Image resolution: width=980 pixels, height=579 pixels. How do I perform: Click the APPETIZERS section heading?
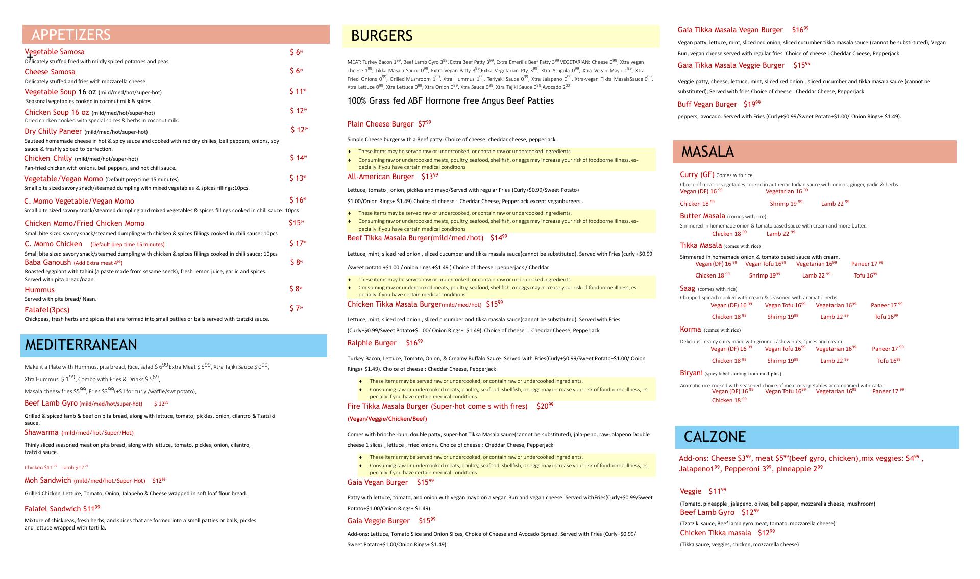coord(71,35)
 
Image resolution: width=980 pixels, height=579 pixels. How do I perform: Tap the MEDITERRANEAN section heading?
coord(81,345)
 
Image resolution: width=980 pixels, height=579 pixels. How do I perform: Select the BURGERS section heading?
coord(381,36)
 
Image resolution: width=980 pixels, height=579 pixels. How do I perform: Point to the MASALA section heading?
coord(707,152)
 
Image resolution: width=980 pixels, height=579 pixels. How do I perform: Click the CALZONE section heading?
coord(714,437)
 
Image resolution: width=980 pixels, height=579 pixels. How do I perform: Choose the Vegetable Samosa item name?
coord(55,52)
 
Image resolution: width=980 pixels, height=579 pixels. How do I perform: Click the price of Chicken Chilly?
coord(298,158)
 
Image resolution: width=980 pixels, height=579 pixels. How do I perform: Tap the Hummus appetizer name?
coord(39,290)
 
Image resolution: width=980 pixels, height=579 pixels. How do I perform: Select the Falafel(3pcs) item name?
coord(47,310)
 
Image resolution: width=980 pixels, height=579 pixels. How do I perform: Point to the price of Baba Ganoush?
coord(296,262)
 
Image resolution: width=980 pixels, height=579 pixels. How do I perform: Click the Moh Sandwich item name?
coord(47,480)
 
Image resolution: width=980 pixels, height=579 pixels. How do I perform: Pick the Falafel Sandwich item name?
coord(53,508)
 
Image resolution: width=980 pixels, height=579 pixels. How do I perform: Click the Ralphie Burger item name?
coord(372,343)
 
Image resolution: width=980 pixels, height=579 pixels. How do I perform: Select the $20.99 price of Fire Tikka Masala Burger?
coord(545,406)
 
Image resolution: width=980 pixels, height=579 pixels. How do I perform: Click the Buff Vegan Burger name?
coord(707,104)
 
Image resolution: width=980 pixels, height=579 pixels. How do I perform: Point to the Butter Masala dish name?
coord(702,216)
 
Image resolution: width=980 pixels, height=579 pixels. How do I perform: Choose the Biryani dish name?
coord(691,373)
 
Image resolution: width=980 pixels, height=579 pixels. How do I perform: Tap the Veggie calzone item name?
coord(691,491)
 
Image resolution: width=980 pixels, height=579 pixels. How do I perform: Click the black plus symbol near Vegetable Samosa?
coord(30,57)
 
